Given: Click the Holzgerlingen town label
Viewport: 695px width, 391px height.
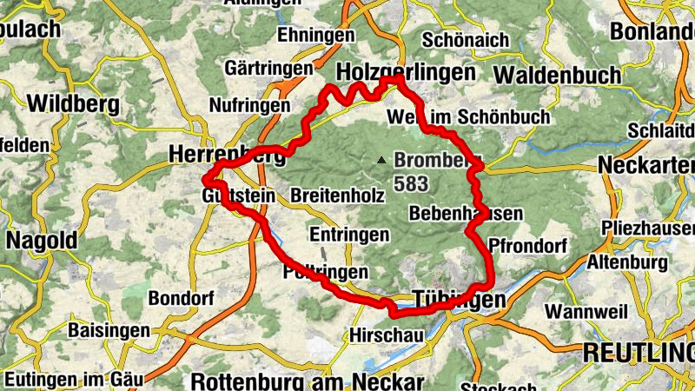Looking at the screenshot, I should pyautogui.click(x=406, y=71).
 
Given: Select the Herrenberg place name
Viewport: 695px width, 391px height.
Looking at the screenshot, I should pyautogui.click(x=228, y=155).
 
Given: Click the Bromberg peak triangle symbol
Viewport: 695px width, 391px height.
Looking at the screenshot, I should pyautogui.click(x=381, y=160).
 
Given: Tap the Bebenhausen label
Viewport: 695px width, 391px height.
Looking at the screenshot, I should pyautogui.click(x=465, y=214).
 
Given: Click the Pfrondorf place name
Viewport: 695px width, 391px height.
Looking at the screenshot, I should pyautogui.click(x=527, y=245).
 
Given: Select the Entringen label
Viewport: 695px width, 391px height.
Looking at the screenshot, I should pyautogui.click(x=348, y=235).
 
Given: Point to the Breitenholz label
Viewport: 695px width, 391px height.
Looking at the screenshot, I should pyautogui.click(x=338, y=196).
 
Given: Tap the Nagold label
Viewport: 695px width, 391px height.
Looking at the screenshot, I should pyautogui.click(x=41, y=240).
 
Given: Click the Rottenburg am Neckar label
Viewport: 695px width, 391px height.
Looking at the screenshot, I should pyautogui.click(x=308, y=381).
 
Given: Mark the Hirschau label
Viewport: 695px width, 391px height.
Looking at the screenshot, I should pyautogui.click(x=381, y=334).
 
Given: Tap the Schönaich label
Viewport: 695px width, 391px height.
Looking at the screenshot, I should pyautogui.click(x=461, y=40).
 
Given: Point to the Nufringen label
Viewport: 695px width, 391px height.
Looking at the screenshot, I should pyautogui.click(x=249, y=105).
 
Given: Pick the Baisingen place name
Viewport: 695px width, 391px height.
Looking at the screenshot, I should pyautogui.click(x=104, y=331).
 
